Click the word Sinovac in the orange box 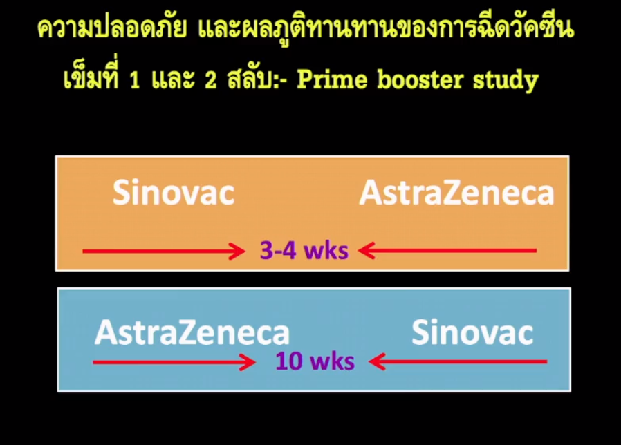point(174,192)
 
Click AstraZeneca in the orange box point(456,193)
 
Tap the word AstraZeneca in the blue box point(192,332)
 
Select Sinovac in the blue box point(472,332)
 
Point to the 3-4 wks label point(304,250)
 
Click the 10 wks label point(315,361)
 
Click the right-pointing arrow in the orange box point(164,251)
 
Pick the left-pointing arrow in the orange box point(447,251)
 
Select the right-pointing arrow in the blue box point(174,362)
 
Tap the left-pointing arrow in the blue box point(458,361)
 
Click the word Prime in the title point(332,79)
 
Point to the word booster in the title point(420,79)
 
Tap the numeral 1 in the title point(135,80)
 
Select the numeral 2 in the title point(211,80)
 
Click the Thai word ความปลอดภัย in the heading point(112,28)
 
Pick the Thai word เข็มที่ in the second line point(91,75)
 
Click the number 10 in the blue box point(289,361)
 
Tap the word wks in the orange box point(326,251)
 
